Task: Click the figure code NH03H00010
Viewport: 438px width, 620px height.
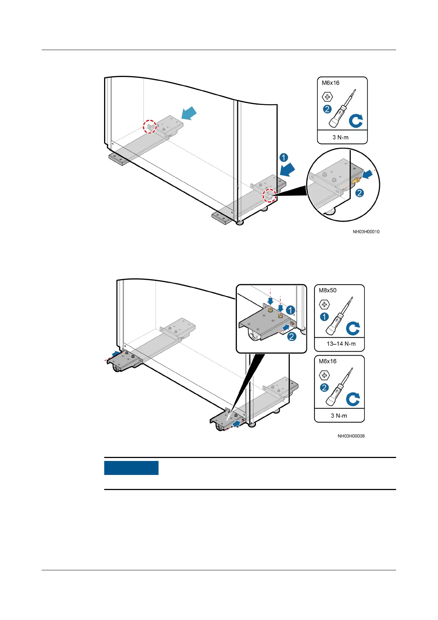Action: tap(366, 232)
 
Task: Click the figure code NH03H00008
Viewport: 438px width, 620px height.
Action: tap(351, 436)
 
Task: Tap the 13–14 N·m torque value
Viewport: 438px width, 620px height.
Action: tap(341, 344)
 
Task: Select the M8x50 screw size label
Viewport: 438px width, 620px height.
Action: tap(328, 290)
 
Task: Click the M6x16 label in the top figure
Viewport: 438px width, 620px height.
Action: tap(331, 83)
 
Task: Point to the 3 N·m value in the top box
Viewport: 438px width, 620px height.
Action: tap(341, 137)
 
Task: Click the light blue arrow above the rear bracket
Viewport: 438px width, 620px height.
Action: tap(189, 113)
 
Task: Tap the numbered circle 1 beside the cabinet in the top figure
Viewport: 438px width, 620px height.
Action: tap(284, 158)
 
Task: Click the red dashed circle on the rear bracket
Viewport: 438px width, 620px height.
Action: tap(150, 126)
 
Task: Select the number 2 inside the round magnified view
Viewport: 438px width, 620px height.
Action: tap(359, 193)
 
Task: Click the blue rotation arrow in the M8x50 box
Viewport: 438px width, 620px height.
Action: tap(353, 328)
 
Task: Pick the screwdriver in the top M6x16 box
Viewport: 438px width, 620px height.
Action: tap(343, 110)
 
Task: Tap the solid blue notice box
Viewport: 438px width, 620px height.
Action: tap(131, 468)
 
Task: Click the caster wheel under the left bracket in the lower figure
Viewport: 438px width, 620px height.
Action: tap(117, 368)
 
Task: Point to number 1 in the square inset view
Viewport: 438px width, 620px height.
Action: tap(291, 310)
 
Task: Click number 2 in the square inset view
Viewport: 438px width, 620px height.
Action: tap(292, 336)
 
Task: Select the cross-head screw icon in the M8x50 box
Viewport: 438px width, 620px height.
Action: tap(324, 304)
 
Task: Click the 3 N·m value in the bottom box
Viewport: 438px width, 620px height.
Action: tap(339, 416)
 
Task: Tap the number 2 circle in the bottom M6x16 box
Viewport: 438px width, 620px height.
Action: tap(324, 388)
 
